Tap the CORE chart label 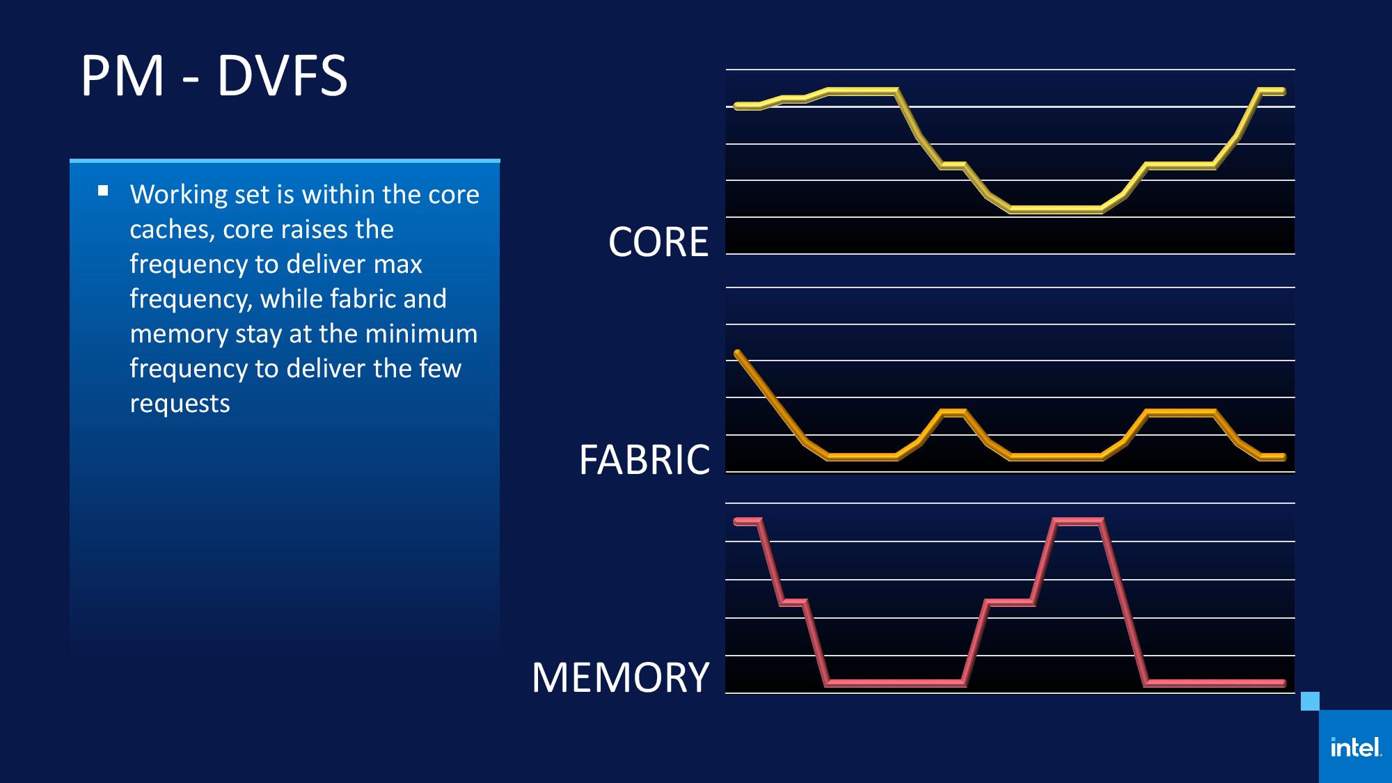pyautogui.click(x=658, y=242)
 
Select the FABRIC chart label pyautogui.click(x=644, y=459)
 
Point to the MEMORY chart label pyautogui.click(x=620, y=677)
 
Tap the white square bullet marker pyautogui.click(x=103, y=190)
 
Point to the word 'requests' pyautogui.click(x=180, y=404)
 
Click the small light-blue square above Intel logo pyautogui.click(x=1310, y=701)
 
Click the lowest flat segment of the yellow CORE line pyautogui.click(x=1056, y=209)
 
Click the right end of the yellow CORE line pyautogui.click(x=1283, y=91)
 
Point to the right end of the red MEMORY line pyautogui.click(x=1283, y=683)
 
